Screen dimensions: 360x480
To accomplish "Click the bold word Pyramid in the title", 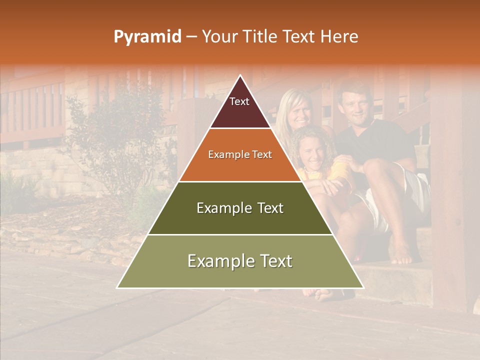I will [147, 37].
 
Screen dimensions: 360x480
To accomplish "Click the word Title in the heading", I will [262, 37].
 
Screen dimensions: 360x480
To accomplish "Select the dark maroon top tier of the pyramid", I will [240, 112].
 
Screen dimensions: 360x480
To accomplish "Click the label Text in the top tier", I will [239, 101].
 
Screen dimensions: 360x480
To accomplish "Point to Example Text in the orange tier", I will [240, 154].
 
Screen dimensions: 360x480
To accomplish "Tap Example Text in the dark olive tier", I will [240, 208].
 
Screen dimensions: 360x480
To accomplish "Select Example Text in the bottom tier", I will [240, 261].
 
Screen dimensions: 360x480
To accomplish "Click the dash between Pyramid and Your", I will [191, 37].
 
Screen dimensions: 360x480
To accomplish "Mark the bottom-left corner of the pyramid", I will [117, 287].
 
